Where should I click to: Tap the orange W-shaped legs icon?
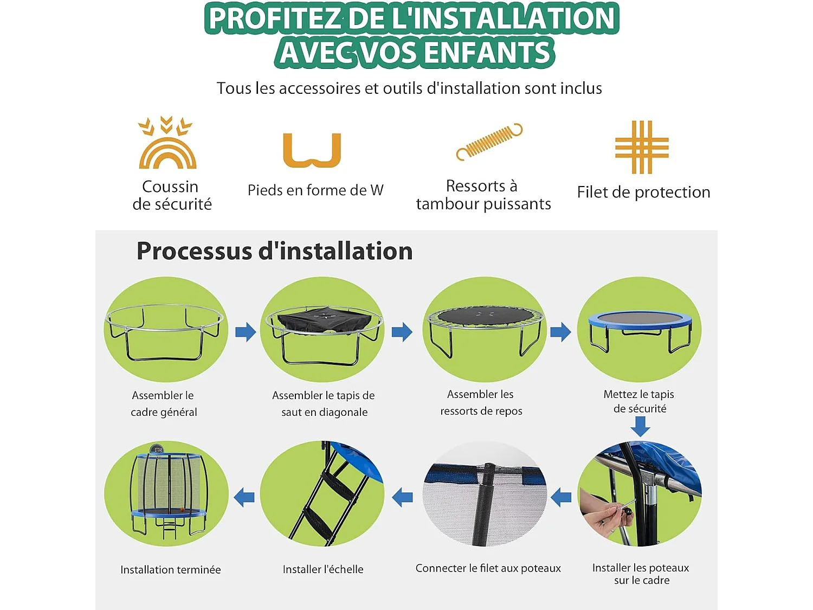click(312, 150)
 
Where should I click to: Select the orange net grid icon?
click(642, 147)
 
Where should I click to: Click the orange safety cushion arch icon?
click(167, 144)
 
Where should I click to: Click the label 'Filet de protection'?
click(643, 192)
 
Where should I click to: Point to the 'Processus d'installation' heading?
click(274, 251)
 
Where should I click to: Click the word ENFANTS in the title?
click(487, 53)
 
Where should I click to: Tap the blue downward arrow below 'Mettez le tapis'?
click(640, 427)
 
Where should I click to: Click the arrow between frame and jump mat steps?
click(246, 332)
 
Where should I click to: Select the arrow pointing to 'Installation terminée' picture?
click(244, 497)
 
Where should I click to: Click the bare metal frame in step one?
click(165, 331)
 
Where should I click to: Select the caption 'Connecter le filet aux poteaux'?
click(488, 568)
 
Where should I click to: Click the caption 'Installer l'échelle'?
click(323, 569)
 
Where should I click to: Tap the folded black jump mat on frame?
click(324, 320)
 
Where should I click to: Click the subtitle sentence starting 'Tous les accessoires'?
click(409, 88)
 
